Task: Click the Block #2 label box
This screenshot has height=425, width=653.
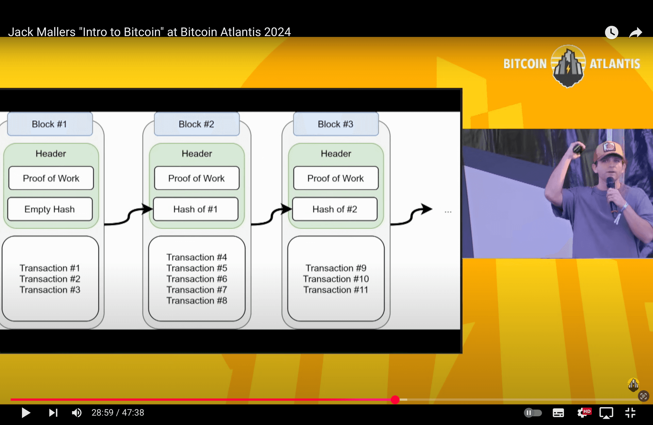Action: [197, 124]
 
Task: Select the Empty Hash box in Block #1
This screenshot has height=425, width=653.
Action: [50, 209]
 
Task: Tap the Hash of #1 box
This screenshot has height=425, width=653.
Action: [196, 209]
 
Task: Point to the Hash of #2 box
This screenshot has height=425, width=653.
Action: [335, 209]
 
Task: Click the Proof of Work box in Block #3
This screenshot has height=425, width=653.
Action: [336, 178]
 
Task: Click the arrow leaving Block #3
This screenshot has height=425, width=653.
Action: [412, 214]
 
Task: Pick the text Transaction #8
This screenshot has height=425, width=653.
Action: [197, 300]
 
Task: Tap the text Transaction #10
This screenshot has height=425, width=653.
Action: [336, 279]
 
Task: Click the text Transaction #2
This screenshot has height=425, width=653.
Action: [50, 279]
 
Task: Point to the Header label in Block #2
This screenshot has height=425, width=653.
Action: [197, 153]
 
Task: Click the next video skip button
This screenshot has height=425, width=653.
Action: [53, 413]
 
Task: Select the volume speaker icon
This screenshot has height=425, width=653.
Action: [77, 413]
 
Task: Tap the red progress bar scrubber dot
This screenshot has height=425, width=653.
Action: [395, 400]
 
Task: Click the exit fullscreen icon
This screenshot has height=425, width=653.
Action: [630, 413]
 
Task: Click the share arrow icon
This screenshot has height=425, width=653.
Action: [635, 33]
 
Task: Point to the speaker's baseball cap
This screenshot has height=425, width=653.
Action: [608, 151]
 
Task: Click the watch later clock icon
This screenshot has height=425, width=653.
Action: [612, 32]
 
